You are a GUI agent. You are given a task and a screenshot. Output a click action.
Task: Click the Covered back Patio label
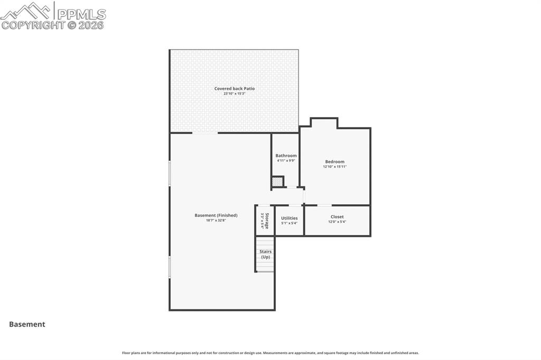pos(234,89)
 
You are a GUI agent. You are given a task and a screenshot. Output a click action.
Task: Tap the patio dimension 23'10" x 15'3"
pos(234,93)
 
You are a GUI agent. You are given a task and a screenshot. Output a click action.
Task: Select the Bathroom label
pos(286,156)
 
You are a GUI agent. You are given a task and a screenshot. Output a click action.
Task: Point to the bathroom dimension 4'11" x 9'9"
pos(286,160)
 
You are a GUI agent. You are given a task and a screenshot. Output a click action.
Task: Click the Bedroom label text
pos(334,162)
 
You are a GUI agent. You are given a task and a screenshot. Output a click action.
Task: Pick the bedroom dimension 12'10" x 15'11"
pos(334,167)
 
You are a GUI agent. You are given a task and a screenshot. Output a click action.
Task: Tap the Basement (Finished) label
pos(216,215)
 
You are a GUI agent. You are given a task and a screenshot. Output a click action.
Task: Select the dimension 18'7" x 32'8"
pos(216,220)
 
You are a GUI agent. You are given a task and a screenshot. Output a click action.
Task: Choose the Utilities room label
pos(289,218)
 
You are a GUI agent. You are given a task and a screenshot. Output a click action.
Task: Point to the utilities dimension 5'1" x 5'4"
pos(289,223)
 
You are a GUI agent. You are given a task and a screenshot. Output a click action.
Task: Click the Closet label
pos(337,217)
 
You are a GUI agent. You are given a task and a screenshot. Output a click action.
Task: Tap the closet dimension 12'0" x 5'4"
pos(337,222)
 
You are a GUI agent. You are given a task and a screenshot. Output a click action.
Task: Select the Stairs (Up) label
pos(265,254)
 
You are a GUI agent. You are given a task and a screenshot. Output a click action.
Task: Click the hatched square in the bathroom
pos(277,182)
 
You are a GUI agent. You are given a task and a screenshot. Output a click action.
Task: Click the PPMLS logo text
pos(81,14)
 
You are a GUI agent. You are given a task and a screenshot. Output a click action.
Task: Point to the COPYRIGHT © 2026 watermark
pos(53,25)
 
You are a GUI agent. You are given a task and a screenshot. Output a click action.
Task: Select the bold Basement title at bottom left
pos(27,325)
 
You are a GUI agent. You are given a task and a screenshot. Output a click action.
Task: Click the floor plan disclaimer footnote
pos(270,353)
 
